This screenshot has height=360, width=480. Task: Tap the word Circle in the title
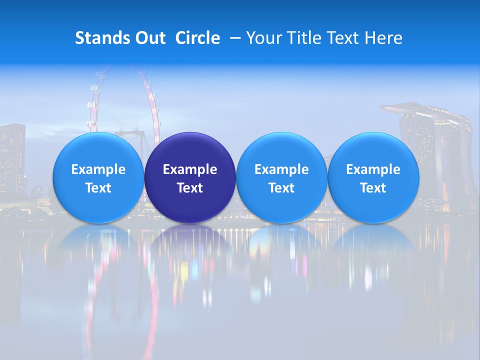pyautogui.click(x=197, y=38)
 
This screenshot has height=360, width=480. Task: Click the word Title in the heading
pyautogui.click(x=302, y=38)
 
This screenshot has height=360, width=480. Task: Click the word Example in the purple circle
pyautogui.click(x=190, y=169)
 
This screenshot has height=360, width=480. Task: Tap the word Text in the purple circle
pyautogui.click(x=190, y=188)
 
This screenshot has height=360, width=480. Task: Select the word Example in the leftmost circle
pyautogui.click(x=98, y=169)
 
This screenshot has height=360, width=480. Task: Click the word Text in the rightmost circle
pyautogui.click(x=373, y=188)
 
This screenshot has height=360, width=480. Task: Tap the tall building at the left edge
pyautogui.click(x=12, y=155)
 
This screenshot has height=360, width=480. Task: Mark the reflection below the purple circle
pyautogui.click(x=190, y=250)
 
